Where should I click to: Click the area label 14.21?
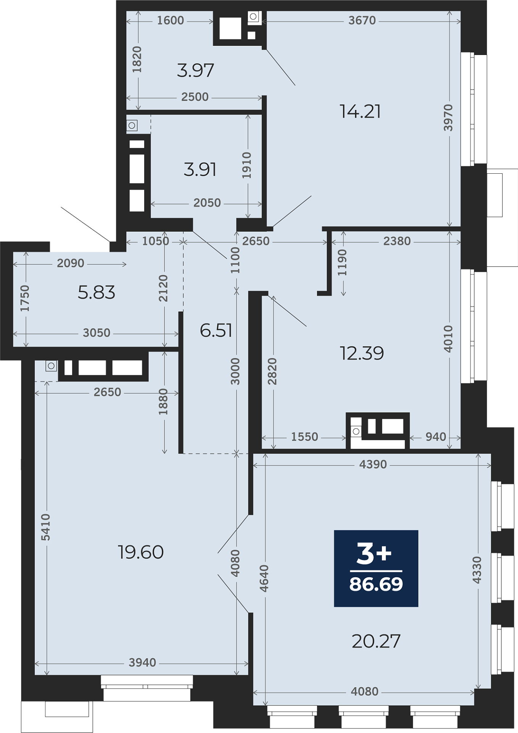coord(360,111)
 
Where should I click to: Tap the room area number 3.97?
coord(195,71)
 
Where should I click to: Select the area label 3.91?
coord(200,169)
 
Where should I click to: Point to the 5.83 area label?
coord(96,292)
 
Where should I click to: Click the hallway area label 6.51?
coord(216,330)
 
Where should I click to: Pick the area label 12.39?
coord(362,353)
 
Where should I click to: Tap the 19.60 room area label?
coord(141,552)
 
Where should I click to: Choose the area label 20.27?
coord(376,641)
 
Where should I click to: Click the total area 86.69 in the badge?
coord(376,584)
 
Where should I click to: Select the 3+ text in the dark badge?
coord(374,554)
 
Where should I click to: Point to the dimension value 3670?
coord(362,20)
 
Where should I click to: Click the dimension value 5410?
coord(45,527)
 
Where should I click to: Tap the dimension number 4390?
coord(373,464)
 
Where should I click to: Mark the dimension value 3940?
coord(142,662)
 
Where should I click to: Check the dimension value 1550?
coord(304,437)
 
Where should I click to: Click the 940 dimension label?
coord(436,437)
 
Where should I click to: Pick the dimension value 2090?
coord(71,263)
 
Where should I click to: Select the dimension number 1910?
coord(247,165)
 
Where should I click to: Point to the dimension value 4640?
coord(264,578)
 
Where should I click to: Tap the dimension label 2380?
coord(397,241)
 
